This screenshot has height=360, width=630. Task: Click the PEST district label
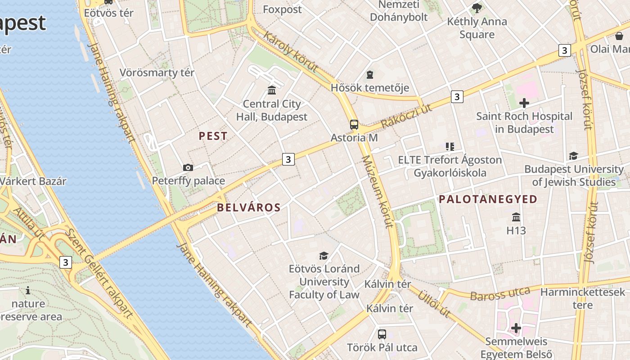tap(213, 136)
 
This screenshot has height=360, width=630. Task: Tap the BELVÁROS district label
tap(249, 207)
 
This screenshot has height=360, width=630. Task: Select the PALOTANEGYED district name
tap(488, 199)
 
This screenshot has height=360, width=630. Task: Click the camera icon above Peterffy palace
tap(188, 168)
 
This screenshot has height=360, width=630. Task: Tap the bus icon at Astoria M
tap(354, 125)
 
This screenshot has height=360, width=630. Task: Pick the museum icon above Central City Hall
tap(272, 90)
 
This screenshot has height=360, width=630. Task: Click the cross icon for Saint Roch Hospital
tap(524, 103)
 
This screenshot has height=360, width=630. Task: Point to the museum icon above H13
tap(516, 217)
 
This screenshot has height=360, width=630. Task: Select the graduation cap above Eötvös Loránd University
tap(324, 256)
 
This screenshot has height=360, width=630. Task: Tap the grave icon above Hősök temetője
tap(370, 74)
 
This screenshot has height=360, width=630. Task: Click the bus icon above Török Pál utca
tap(382, 334)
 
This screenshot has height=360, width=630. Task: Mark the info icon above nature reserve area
tap(28, 290)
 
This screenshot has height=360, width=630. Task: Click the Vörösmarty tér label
tap(157, 72)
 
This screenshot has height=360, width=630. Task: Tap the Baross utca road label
tap(500, 294)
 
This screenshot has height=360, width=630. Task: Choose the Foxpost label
tap(282, 9)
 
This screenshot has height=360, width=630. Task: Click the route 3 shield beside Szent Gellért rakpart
tap(66, 262)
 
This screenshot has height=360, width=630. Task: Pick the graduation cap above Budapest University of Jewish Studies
tap(573, 156)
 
